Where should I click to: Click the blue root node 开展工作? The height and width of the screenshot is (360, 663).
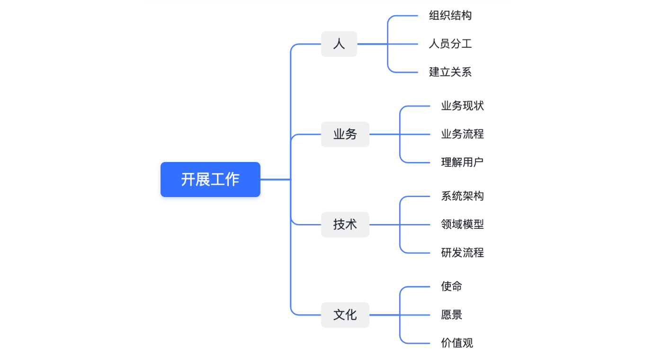[x=210, y=180]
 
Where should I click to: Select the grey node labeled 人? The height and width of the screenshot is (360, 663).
[x=339, y=44]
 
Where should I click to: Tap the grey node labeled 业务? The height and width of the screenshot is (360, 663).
[x=345, y=134]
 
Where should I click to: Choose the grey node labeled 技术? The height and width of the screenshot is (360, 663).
[x=345, y=225]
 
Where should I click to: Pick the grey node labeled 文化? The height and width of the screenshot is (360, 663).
[x=345, y=315]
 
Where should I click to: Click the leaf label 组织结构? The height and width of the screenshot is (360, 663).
[x=450, y=16]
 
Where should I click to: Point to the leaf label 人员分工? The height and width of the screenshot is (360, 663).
[x=450, y=44]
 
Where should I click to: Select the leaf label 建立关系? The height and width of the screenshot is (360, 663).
[x=450, y=72]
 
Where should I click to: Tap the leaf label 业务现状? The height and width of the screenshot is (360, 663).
[x=462, y=106]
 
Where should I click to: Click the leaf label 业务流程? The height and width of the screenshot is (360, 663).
[x=462, y=134]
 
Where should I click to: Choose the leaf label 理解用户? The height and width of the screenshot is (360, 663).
[x=462, y=162]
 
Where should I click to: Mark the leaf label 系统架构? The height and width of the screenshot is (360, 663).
[x=462, y=196]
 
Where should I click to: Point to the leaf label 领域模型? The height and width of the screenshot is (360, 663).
[x=462, y=225]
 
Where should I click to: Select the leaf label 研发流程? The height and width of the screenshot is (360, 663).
[x=462, y=252]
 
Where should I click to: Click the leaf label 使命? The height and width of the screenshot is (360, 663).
[x=451, y=286]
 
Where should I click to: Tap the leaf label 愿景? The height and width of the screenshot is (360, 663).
[x=451, y=315]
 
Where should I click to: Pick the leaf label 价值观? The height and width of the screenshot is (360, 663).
[x=457, y=343]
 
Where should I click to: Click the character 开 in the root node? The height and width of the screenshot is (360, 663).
[x=188, y=180]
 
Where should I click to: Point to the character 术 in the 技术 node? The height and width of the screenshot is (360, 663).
[x=351, y=225]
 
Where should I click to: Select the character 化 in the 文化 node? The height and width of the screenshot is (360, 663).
[x=351, y=315]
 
